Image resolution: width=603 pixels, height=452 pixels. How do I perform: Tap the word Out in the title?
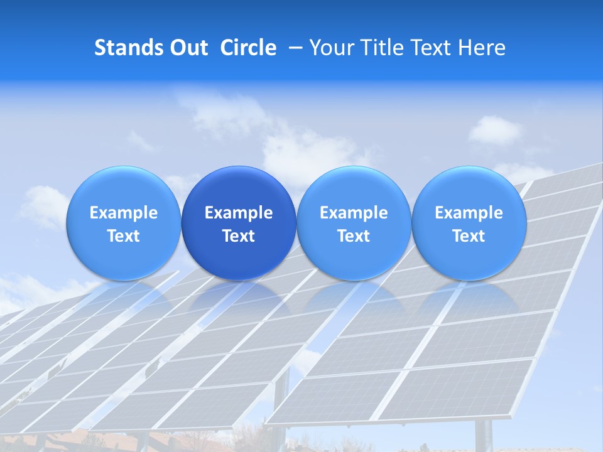[188, 48]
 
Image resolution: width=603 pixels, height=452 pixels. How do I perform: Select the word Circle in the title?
[248, 48]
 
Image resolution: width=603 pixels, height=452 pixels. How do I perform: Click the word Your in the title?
[330, 48]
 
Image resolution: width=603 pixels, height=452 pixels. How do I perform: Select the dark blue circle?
[239, 223]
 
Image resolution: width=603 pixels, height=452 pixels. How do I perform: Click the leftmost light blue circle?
[124, 223]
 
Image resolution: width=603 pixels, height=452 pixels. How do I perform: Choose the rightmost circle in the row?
[469, 223]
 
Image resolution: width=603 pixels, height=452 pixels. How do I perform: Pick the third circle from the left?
[354, 223]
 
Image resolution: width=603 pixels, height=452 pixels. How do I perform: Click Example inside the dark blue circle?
[239, 213]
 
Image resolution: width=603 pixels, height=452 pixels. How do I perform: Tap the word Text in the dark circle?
[239, 236]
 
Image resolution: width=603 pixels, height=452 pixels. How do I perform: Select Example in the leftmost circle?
[124, 213]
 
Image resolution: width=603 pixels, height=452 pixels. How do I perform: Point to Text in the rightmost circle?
[469, 236]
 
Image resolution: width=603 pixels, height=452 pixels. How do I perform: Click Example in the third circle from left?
[354, 213]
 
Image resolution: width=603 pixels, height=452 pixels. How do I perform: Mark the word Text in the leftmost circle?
[124, 236]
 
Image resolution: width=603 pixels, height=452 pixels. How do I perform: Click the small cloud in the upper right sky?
[494, 130]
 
